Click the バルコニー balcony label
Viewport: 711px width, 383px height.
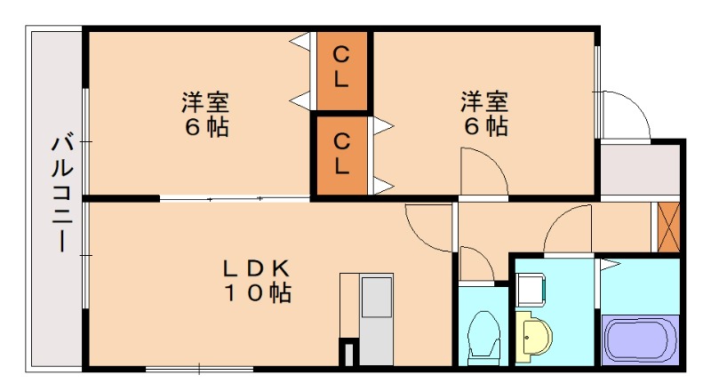[61, 193]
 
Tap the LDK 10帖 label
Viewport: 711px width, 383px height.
[257, 282]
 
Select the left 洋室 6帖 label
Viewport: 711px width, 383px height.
[205, 115]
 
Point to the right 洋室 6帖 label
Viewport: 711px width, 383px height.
[484, 114]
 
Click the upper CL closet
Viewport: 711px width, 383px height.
[341, 71]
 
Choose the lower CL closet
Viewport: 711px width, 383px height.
[341, 156]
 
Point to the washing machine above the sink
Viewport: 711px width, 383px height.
[531, 290]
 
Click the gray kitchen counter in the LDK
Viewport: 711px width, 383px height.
[376, 320]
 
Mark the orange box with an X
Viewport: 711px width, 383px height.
[668, 227]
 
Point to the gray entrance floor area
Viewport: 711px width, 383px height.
[640, 170]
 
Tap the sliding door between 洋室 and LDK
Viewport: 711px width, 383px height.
[235, 198]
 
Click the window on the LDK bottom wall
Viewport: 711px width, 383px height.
[199, 370]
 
